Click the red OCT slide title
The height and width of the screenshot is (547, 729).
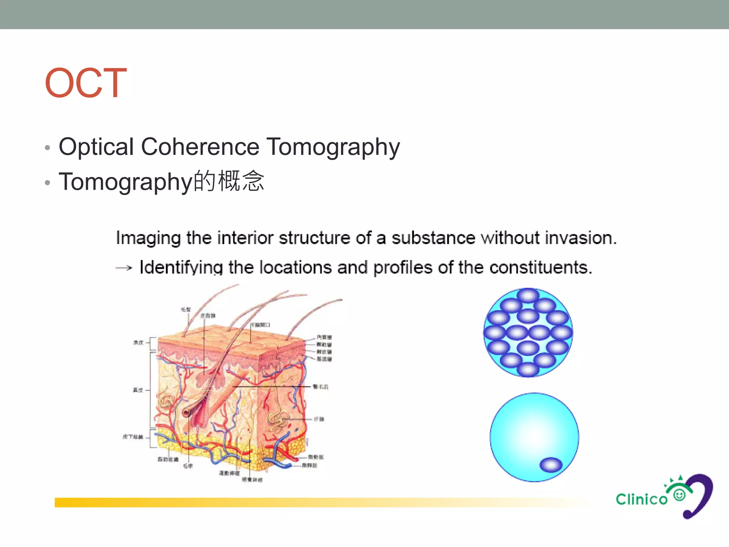coord(86,83)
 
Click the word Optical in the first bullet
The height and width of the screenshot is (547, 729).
coord(96,147)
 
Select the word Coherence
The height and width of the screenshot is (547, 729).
coord(200,147)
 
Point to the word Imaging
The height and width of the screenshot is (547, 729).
coord(148,238)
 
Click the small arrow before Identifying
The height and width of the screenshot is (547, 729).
coord(124,268)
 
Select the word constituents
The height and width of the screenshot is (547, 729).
coord(541,267)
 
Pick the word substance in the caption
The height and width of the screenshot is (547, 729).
coord(433,238)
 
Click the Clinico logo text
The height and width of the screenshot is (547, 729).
coord(641,499)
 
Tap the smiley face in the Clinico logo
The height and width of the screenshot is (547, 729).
coord(680,495)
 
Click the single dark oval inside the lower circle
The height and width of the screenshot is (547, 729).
coord(551,465)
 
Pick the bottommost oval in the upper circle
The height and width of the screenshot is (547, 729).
coord(528,369)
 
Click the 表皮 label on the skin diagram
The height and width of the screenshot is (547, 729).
coord(138,343)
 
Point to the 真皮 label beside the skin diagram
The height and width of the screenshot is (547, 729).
coord(138,390)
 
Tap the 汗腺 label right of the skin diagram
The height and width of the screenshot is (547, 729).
coord(319,419)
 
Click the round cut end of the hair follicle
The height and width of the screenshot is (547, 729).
coord(187,413)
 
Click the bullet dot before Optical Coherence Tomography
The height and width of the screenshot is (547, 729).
coord(48,148)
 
